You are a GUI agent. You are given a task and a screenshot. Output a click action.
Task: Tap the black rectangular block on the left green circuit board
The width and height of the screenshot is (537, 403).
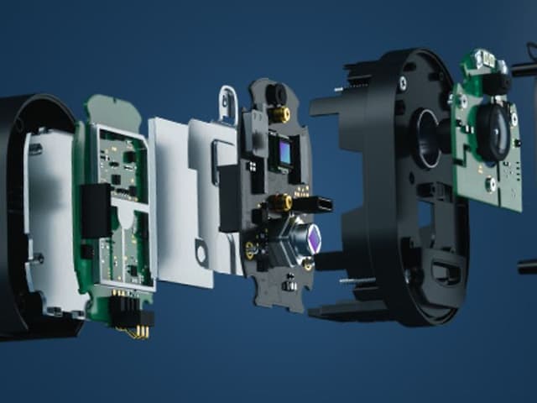95,210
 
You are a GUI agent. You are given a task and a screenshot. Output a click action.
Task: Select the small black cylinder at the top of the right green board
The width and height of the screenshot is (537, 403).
498,82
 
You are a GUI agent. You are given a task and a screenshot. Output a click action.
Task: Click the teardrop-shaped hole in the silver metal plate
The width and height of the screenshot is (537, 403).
201,251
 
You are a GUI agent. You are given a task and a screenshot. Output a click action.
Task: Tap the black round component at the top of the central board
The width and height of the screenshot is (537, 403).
276,91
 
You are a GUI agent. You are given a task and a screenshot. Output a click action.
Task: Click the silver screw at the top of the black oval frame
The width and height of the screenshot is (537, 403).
403,82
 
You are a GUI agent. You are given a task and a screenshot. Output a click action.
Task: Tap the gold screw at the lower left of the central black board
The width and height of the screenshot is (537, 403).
250,248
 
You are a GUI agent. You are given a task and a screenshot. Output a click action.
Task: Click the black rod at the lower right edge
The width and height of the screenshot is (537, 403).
528,267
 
